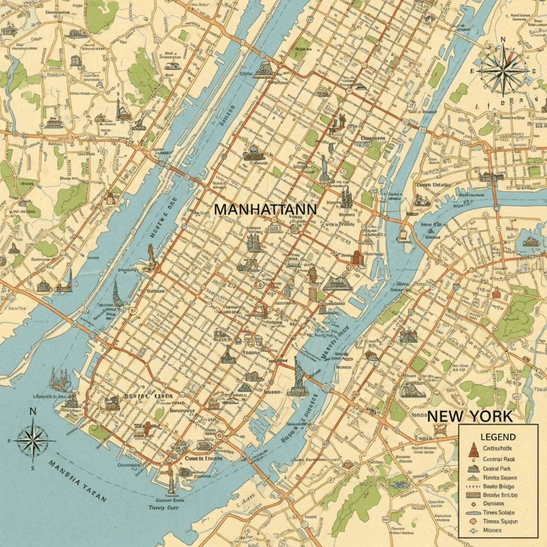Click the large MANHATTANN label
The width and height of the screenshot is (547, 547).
[x=265, y=209]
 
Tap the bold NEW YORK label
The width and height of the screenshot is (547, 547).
[x=470, y=416]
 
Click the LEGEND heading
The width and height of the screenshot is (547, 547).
[x=498, y=437]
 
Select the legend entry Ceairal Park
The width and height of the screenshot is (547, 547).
[x=496, y=469]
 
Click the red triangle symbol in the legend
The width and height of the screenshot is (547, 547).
[x=473, y=450]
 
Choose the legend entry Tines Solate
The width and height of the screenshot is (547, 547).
[x=498, y=512]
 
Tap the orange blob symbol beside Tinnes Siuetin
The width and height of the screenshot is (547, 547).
[x=473, y=521]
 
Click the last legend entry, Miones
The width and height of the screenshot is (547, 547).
[x=492, y=530]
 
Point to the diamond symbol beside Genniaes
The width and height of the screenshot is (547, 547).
[x=473, y=504]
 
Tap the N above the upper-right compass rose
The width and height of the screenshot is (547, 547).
[x=503, y=40]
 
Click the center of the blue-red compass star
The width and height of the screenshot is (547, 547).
[x=503, y=71]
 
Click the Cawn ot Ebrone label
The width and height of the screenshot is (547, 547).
[x=204, y=458]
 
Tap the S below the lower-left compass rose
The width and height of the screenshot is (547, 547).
[x=33, y=468]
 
